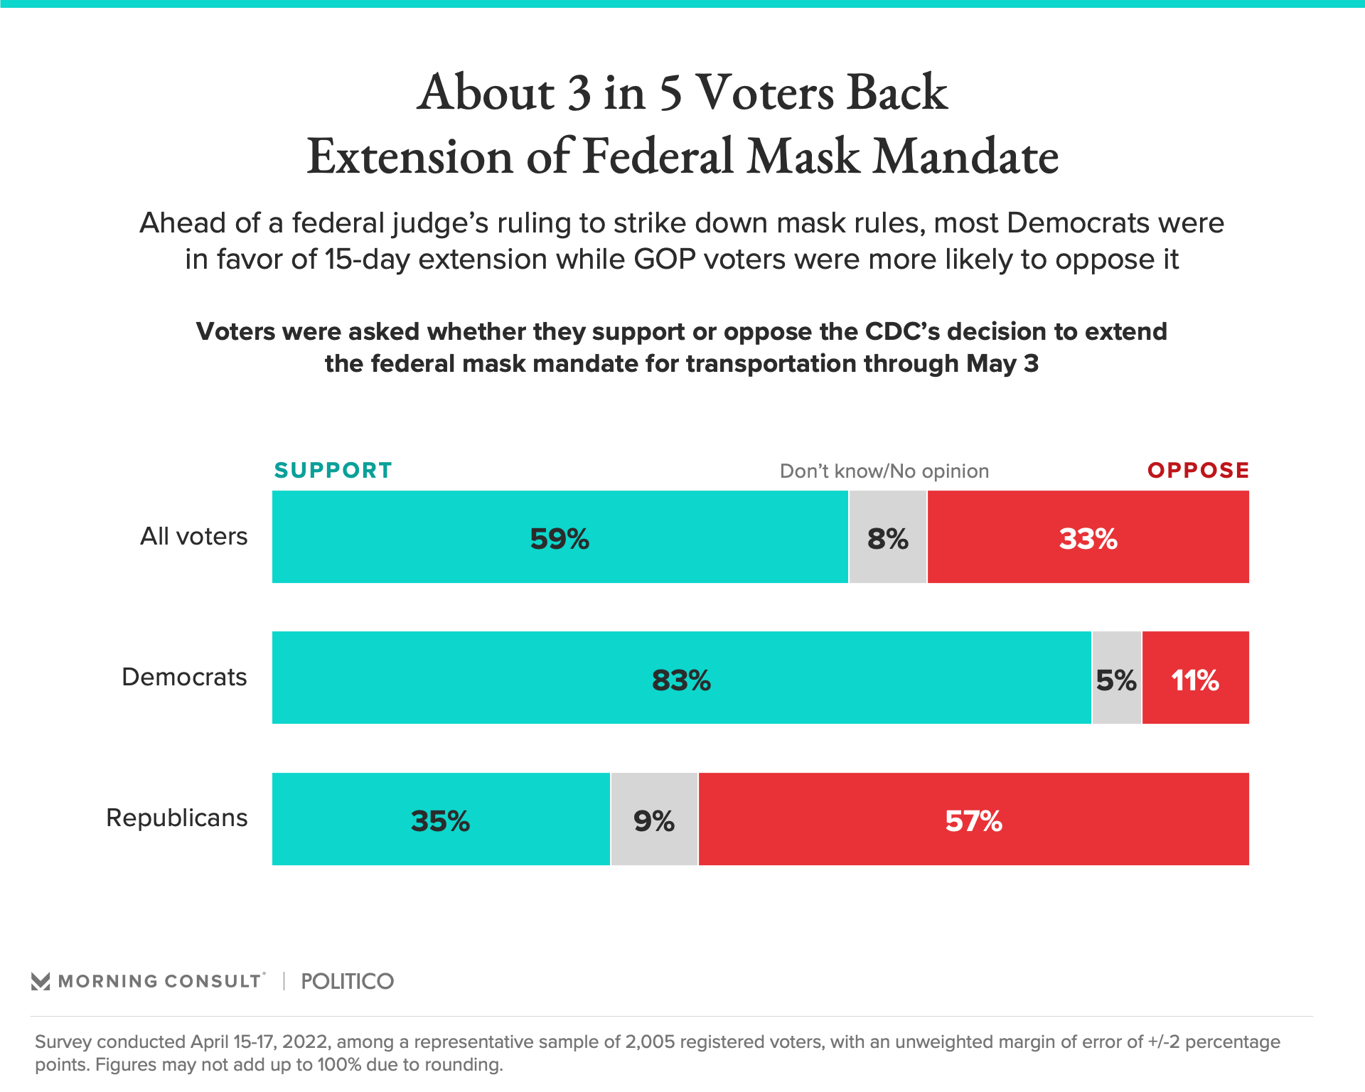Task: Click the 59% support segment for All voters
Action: (560, 537)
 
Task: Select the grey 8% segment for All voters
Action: (887, 537)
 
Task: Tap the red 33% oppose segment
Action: (1088, 537)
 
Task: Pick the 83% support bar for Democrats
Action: (681, 678)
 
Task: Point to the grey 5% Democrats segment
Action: (1116, 678)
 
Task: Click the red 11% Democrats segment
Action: (1195, 678)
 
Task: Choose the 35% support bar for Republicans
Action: (440, 819)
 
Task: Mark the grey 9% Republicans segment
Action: (654, 819)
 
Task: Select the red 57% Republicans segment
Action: (973, 819)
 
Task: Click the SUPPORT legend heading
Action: (333, 470)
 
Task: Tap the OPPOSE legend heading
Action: (1198, 470)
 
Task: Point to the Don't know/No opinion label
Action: (884, 471)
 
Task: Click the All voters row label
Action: (193, 536)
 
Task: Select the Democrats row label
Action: (184, 677)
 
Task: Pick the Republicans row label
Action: (176, 818)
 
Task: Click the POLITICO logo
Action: (347, 981)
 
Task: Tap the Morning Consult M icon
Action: (41, 981)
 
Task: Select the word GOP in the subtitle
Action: (664, 259)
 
